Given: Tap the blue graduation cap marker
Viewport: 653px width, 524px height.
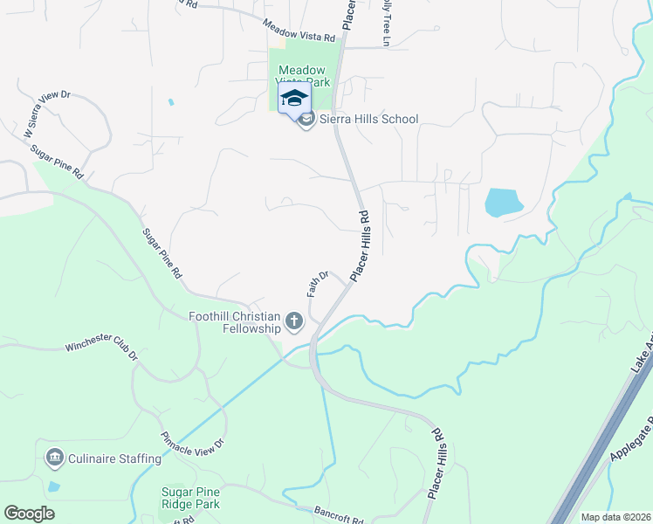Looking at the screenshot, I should [294, 98].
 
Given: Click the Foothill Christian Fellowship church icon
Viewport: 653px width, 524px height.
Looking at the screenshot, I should [294, 323].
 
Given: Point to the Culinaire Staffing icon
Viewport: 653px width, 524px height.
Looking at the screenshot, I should [55, 458].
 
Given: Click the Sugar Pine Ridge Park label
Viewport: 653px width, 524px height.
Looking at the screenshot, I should [190, 498].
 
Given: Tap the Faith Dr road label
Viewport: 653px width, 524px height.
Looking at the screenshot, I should [318, 284].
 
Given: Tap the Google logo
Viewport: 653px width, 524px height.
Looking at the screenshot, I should [29, 514].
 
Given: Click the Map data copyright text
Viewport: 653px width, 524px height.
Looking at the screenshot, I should [615, 517].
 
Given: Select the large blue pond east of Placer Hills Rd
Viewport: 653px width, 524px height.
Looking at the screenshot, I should [503, 203].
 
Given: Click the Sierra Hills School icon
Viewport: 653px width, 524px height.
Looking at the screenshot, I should [306, 120].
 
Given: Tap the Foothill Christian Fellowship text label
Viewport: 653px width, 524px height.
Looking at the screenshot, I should [236, 322].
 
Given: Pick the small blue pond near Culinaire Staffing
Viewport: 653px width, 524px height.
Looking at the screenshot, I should [54, 486].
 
